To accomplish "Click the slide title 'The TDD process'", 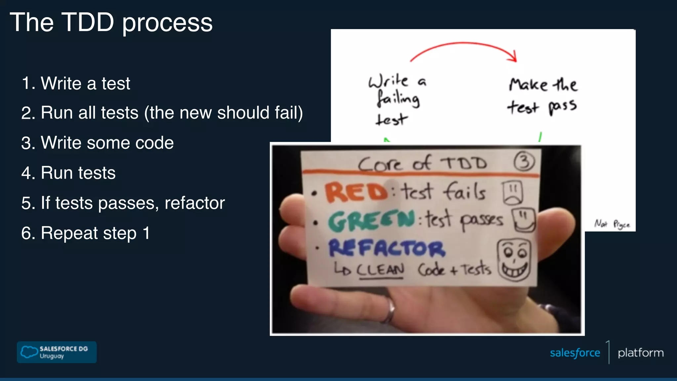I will (x=111, y=22).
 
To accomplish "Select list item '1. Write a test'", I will (x=76, y=83).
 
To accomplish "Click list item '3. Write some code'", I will (x=97, y=143).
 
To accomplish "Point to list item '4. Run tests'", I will (x=68, y=173).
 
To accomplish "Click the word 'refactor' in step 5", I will (x=194, y=203).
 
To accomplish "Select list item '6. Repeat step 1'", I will (x=85, y=233).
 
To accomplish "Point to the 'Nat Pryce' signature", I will (x=612, y=224).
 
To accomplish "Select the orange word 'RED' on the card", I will (x=356, y=192).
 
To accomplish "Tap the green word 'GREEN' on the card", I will (x=371, y=221).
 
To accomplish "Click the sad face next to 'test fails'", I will (x=513, y=192).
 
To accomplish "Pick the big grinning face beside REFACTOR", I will (x=514, y=260).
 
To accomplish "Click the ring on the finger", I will (x=391, y=309).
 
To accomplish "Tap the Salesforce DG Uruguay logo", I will (x=57, y=352).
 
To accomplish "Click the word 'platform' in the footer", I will (x=640, y=353).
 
